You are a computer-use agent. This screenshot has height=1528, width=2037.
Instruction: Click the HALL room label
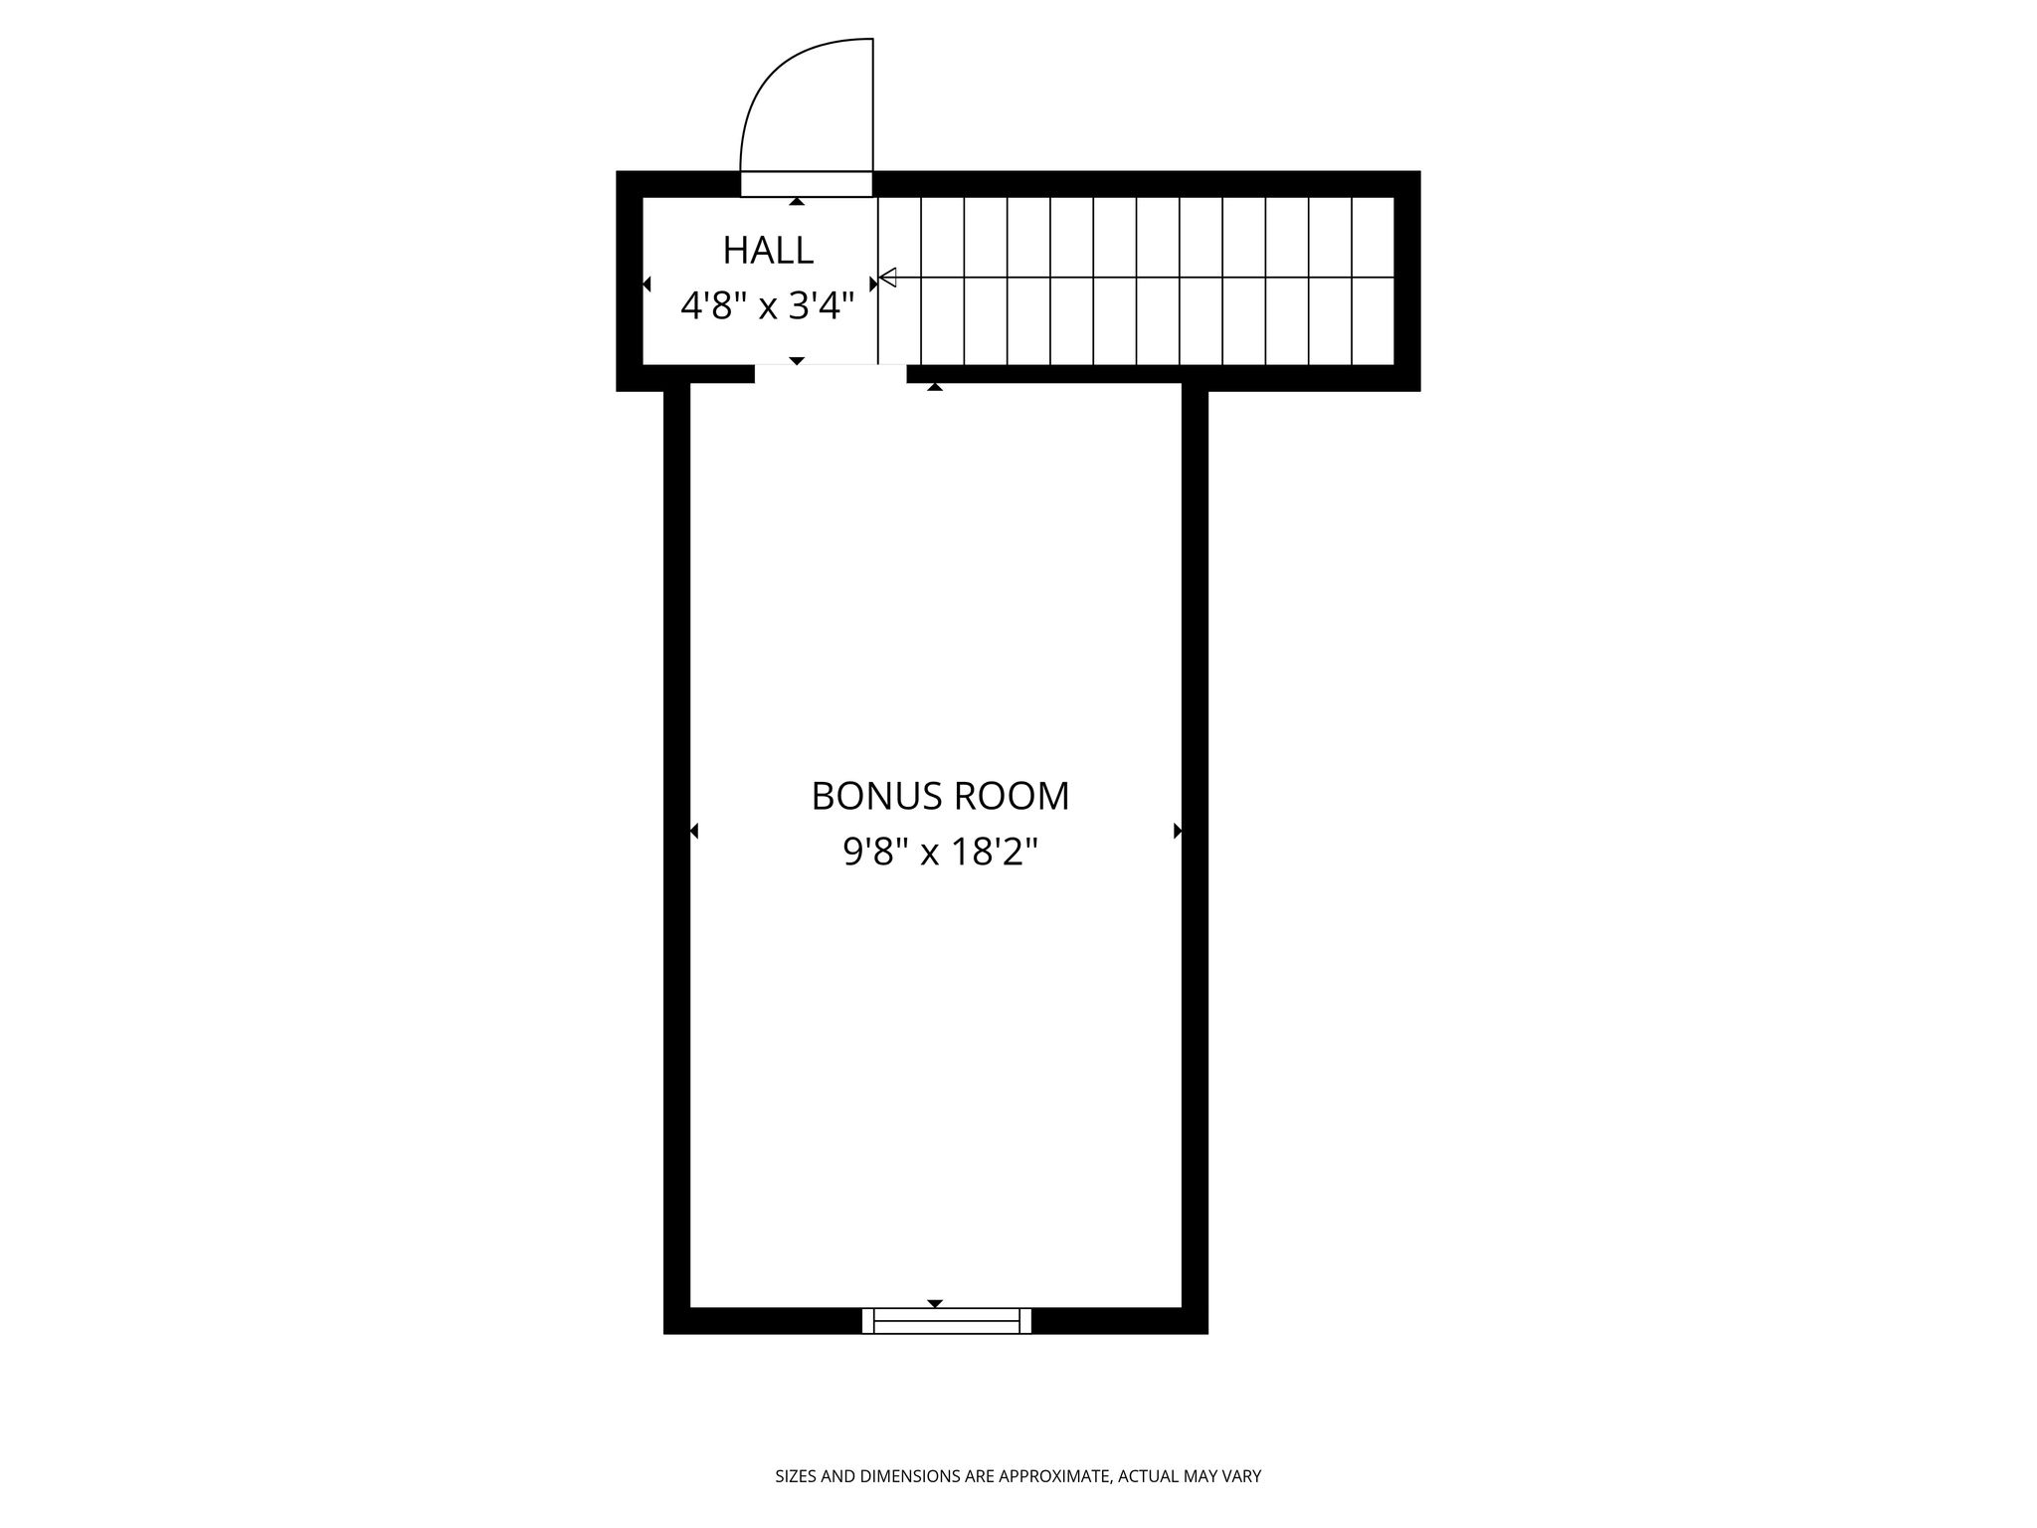(768, 251)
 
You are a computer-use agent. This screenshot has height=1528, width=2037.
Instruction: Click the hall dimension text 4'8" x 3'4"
(768, 306)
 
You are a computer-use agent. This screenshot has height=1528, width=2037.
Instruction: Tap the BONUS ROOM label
(940, 796)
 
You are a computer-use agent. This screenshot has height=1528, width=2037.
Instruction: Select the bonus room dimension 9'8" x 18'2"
(940, 852)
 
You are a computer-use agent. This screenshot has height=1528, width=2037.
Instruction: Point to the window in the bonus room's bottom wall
(947, 1320)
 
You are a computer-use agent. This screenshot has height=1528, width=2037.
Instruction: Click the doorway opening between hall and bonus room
(831, 374)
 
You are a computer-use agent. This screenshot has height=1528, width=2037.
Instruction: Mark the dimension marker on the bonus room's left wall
(694, 831)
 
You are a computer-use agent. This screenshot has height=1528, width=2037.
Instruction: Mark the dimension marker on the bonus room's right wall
(1178, 831)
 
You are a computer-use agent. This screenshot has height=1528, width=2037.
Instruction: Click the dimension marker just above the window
(935, 1303)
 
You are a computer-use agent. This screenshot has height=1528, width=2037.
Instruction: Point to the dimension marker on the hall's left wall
(647, 285)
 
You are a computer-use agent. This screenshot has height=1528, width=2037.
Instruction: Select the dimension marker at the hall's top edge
(797, 202)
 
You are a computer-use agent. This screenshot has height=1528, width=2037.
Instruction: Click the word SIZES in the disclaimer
(796, 1476)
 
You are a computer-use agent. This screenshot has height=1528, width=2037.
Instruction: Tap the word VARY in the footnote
(1243, 1476)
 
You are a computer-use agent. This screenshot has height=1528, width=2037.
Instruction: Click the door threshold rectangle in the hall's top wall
(807, 184)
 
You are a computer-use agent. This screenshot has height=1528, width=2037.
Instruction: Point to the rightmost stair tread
(1374, 281)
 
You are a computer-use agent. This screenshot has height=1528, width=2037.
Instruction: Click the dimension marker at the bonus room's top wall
(935, 387)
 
